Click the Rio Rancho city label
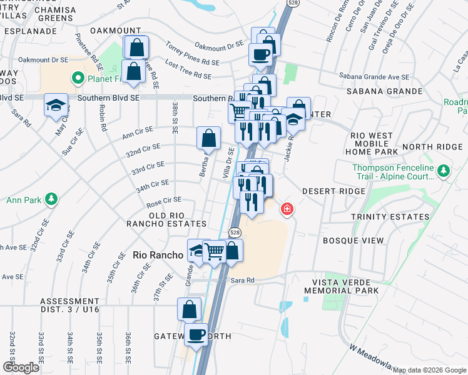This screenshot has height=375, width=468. tap(158, 255)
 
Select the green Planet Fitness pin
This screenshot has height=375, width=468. tap(78, 78)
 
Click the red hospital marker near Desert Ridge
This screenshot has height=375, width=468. tap(287, 209)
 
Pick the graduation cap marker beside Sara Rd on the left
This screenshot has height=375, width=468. tap(56, 104)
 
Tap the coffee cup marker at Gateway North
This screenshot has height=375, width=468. tap(196, 334)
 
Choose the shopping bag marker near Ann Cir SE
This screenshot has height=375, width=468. tap(208, 137)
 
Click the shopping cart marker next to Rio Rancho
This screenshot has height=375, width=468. tap(215, 251)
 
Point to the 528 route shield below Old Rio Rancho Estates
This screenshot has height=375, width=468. tap(234, 232)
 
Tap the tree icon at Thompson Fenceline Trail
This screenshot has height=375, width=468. tap(443, 171)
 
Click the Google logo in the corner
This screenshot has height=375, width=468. tap(21, 367)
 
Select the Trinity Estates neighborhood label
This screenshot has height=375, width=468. tap(382, 217)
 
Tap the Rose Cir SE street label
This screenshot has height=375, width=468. tap(163, 200)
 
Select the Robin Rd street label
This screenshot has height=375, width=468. tap(103, 117)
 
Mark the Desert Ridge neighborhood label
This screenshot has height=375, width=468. tap(333, 191)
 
